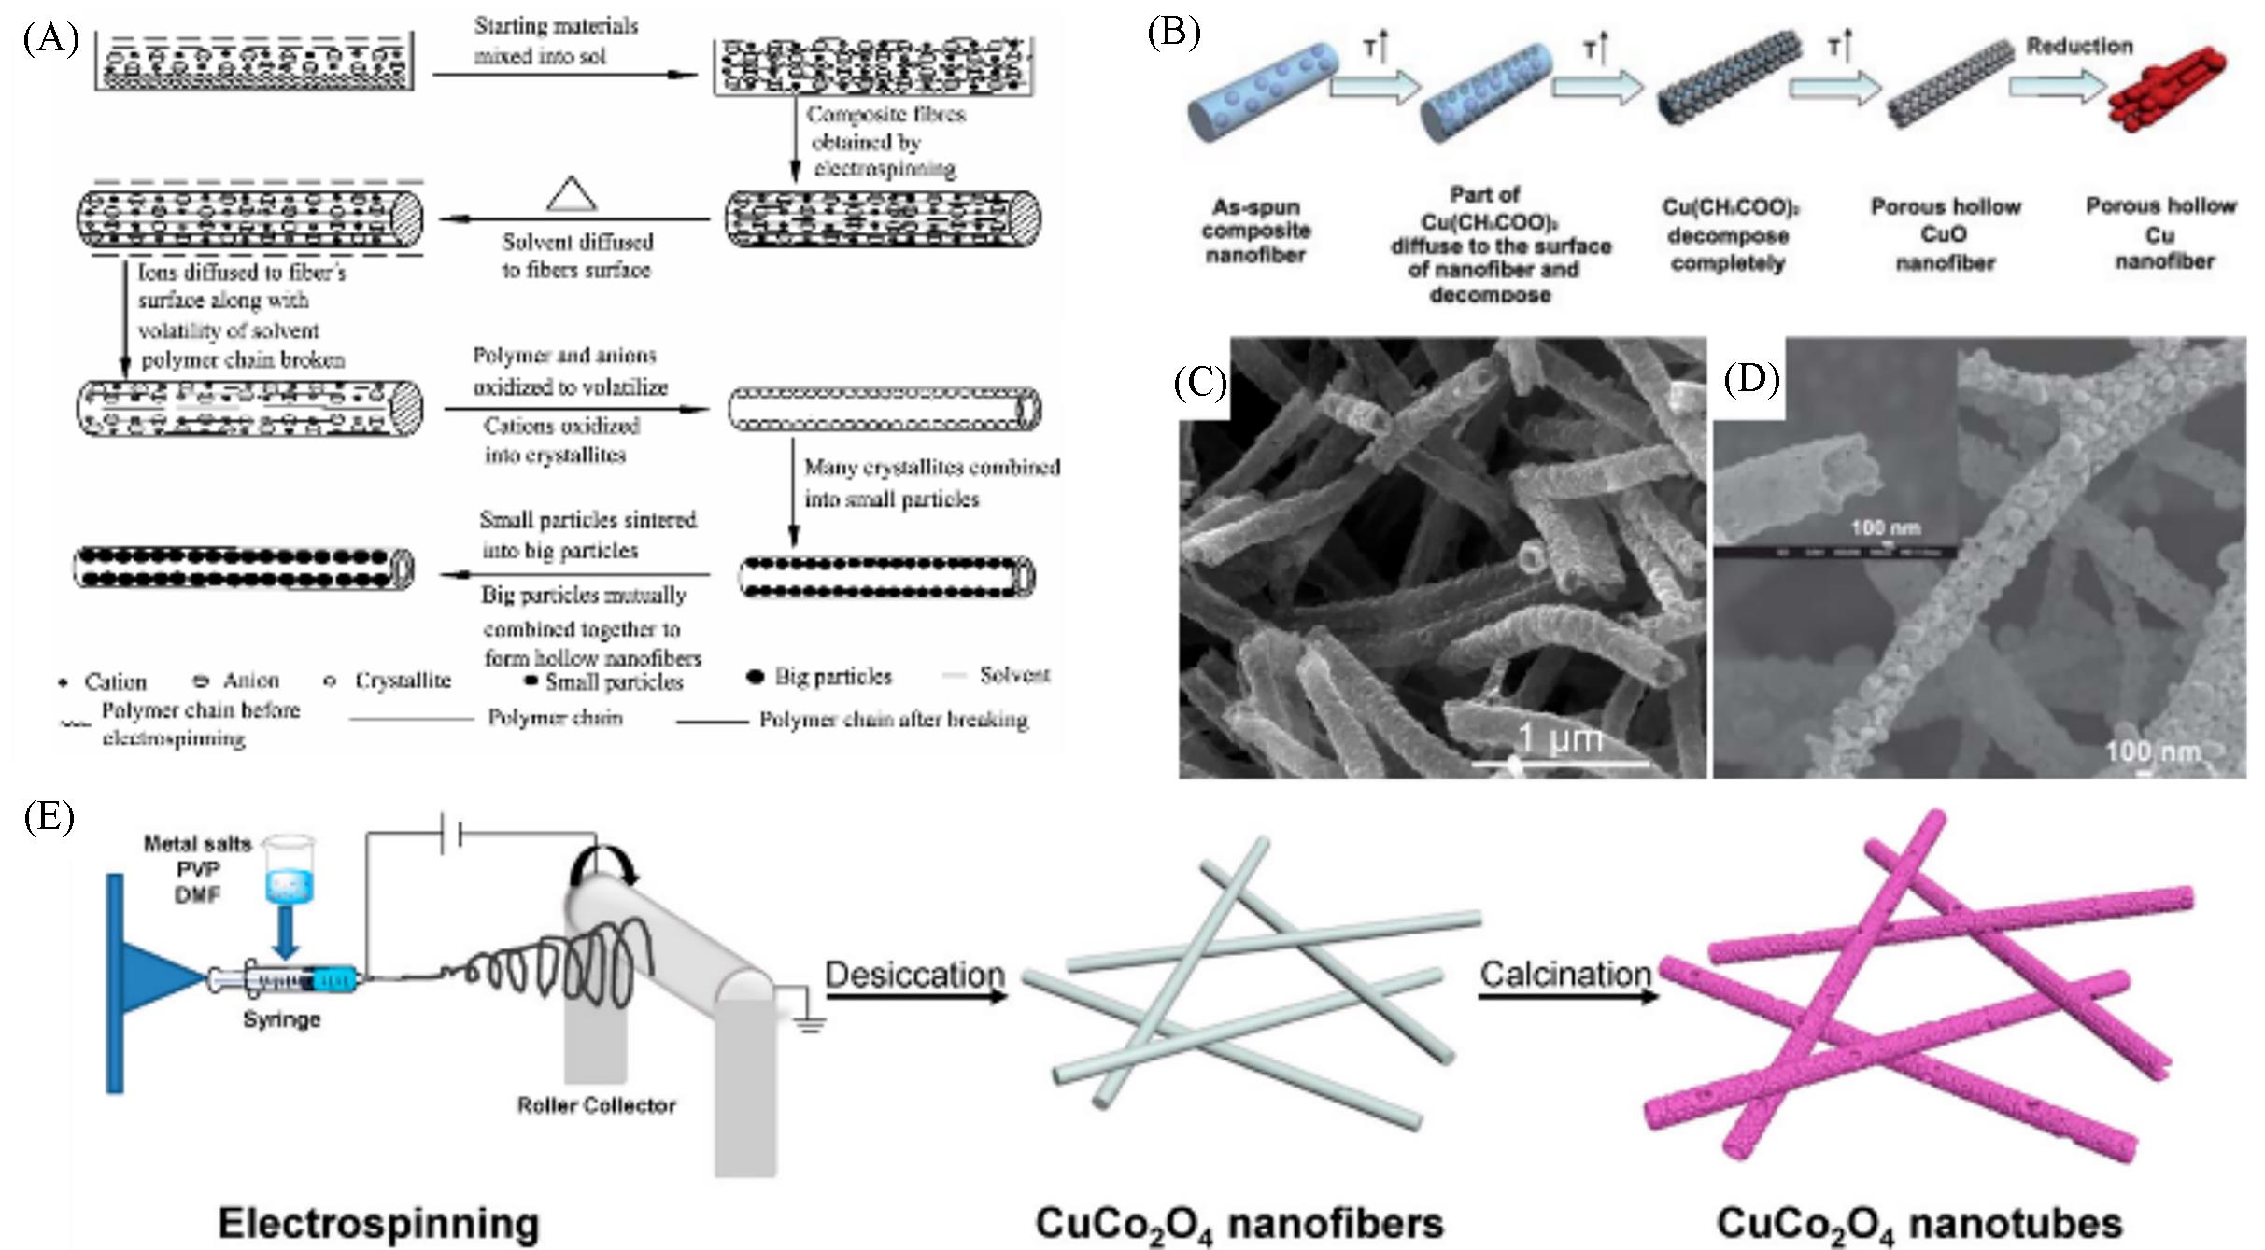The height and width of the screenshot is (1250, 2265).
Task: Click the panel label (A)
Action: click(51, 40)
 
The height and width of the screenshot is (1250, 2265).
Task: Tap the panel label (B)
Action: click(1174, 33)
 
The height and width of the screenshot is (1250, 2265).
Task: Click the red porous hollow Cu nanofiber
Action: click(2166, 91)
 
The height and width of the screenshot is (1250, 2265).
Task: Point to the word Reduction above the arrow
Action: click(2079, 47)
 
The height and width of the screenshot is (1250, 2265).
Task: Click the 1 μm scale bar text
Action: click(1560, 738)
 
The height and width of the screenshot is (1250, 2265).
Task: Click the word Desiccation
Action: click(914, 975)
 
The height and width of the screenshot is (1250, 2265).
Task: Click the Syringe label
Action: click(281, 1019)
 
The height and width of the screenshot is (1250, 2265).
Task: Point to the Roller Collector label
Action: click(596, 1105)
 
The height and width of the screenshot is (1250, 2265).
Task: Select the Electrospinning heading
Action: click(378, 1223)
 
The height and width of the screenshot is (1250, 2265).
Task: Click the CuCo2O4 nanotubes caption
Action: click(1918, 1224)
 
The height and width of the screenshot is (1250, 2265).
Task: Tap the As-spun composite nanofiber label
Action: click(1256, 231)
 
